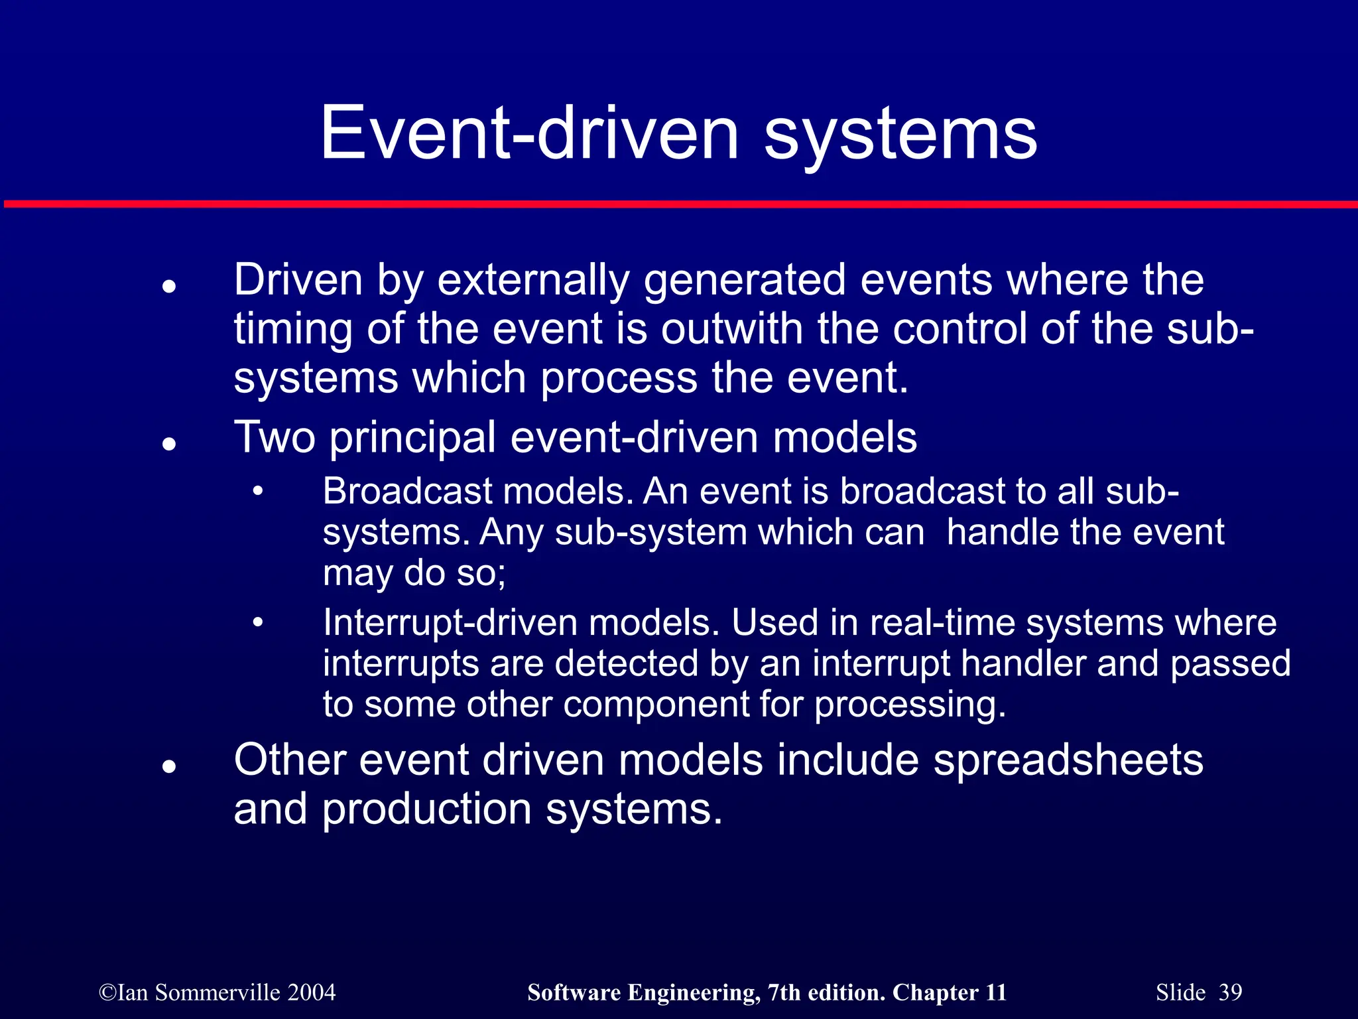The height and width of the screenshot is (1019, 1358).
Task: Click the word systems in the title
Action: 900,136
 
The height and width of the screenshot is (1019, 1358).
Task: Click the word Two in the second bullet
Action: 275,438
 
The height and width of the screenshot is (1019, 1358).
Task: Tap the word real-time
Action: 942,623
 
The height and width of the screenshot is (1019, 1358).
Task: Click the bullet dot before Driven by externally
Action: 169,287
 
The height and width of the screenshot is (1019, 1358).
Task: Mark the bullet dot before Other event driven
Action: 169,767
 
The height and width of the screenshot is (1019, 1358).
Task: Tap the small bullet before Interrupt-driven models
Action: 258,623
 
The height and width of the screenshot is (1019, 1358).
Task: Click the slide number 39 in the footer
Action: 1230,992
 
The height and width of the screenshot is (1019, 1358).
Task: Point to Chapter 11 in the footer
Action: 949,992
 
